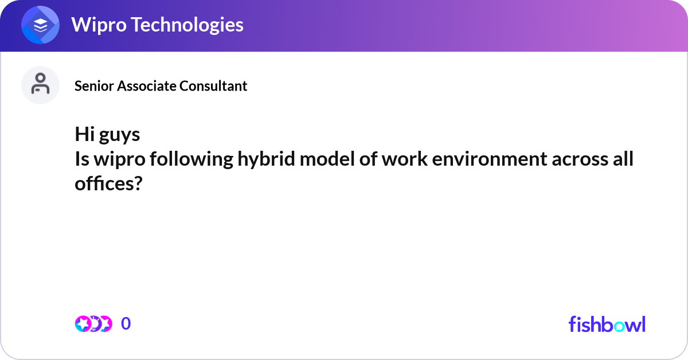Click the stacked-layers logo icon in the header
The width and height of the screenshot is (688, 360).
click(x=41, y=26)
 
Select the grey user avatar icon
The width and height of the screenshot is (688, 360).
click(x=40, y=85)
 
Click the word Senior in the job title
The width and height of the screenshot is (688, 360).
click(x=94, y=86)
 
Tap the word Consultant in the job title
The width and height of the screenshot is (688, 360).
click(x=213, y=86)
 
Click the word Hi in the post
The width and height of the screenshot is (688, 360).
click(x=84, y=135)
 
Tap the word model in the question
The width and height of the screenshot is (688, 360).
click(x=319, y=159)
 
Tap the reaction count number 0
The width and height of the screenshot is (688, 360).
click(x=126, y=324)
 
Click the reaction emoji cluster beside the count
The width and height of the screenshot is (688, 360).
click(x=93, y=324)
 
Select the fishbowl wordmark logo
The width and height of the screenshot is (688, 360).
click(x=607, y=324)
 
